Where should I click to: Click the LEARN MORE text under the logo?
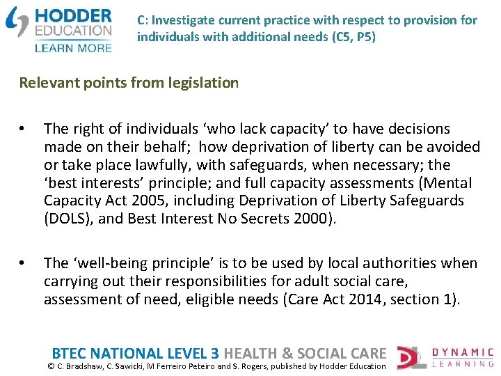click(72, 47)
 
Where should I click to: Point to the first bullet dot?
click(23, 130)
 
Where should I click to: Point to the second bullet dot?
click(23, 264)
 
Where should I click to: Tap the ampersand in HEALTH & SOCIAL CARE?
click(285, 353)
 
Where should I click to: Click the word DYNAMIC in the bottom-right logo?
click(463, 352)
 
